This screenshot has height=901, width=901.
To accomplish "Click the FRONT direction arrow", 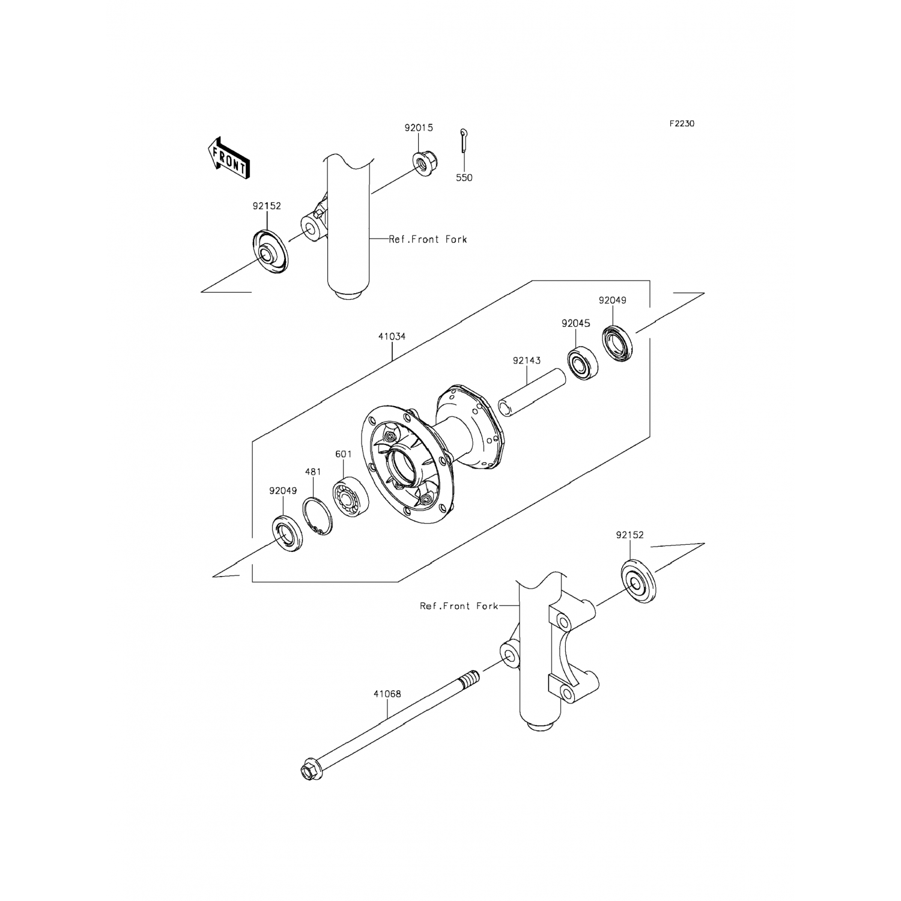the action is (228, 158).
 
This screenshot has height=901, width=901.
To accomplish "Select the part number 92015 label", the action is (419, 128).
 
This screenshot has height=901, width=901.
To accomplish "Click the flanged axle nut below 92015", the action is (425, 162).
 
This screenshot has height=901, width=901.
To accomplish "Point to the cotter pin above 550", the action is (464, 139).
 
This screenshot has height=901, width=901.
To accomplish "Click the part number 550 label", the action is (464, 178).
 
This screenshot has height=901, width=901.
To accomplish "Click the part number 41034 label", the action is (392, 337).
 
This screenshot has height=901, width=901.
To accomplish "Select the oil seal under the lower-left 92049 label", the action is (288, 533).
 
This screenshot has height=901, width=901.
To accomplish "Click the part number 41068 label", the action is (387, 694).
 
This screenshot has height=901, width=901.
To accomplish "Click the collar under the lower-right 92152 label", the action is (637, 581).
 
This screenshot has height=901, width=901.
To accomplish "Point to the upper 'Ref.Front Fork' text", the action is (428, 239).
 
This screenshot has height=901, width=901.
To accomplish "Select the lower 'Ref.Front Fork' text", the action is (459, 606).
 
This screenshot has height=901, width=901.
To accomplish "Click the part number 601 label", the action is (344, 454).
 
